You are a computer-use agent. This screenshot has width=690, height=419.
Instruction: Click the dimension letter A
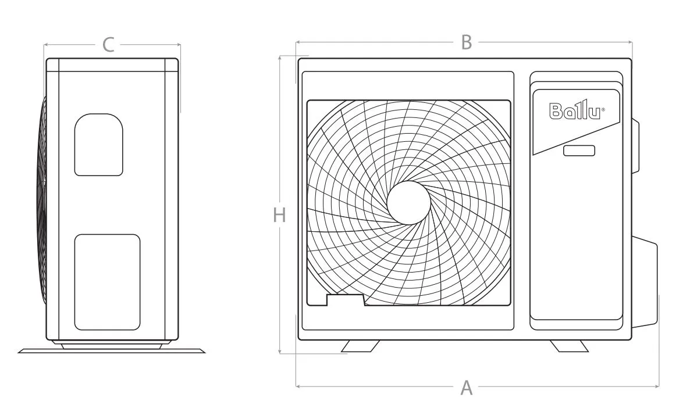(467, 388)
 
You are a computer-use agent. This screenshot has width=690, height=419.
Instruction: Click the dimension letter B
(467, 42)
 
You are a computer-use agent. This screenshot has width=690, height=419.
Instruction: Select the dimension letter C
(108, 45)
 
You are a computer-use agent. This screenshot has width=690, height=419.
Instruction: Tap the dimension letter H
(279, 216)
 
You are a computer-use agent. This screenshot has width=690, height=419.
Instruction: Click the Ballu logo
(577, 110)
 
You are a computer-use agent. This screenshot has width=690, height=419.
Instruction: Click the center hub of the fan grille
(408, 203)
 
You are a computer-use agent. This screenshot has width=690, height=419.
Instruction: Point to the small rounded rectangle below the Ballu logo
(579, 151)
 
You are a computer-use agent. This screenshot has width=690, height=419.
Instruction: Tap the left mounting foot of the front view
(360, 346)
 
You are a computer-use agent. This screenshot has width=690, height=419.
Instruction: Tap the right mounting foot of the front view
(570, 346)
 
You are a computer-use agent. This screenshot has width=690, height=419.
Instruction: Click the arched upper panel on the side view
(98, 145)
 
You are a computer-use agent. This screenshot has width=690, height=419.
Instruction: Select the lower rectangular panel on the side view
(108, 282)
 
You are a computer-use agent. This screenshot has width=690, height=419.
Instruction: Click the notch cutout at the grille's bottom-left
(346, 300)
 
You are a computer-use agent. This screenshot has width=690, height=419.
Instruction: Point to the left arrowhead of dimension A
(298, 386)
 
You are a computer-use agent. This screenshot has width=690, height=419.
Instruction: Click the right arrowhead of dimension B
(630, 42)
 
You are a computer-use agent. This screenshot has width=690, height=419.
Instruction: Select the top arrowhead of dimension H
(280, 58)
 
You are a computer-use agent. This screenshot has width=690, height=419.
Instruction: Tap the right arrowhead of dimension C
(178, 44)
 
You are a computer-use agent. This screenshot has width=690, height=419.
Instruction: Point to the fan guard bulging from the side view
(44, 200)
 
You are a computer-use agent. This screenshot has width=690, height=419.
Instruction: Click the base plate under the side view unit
(112, 351)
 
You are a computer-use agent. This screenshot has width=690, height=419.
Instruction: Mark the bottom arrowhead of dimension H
(280, 351)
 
